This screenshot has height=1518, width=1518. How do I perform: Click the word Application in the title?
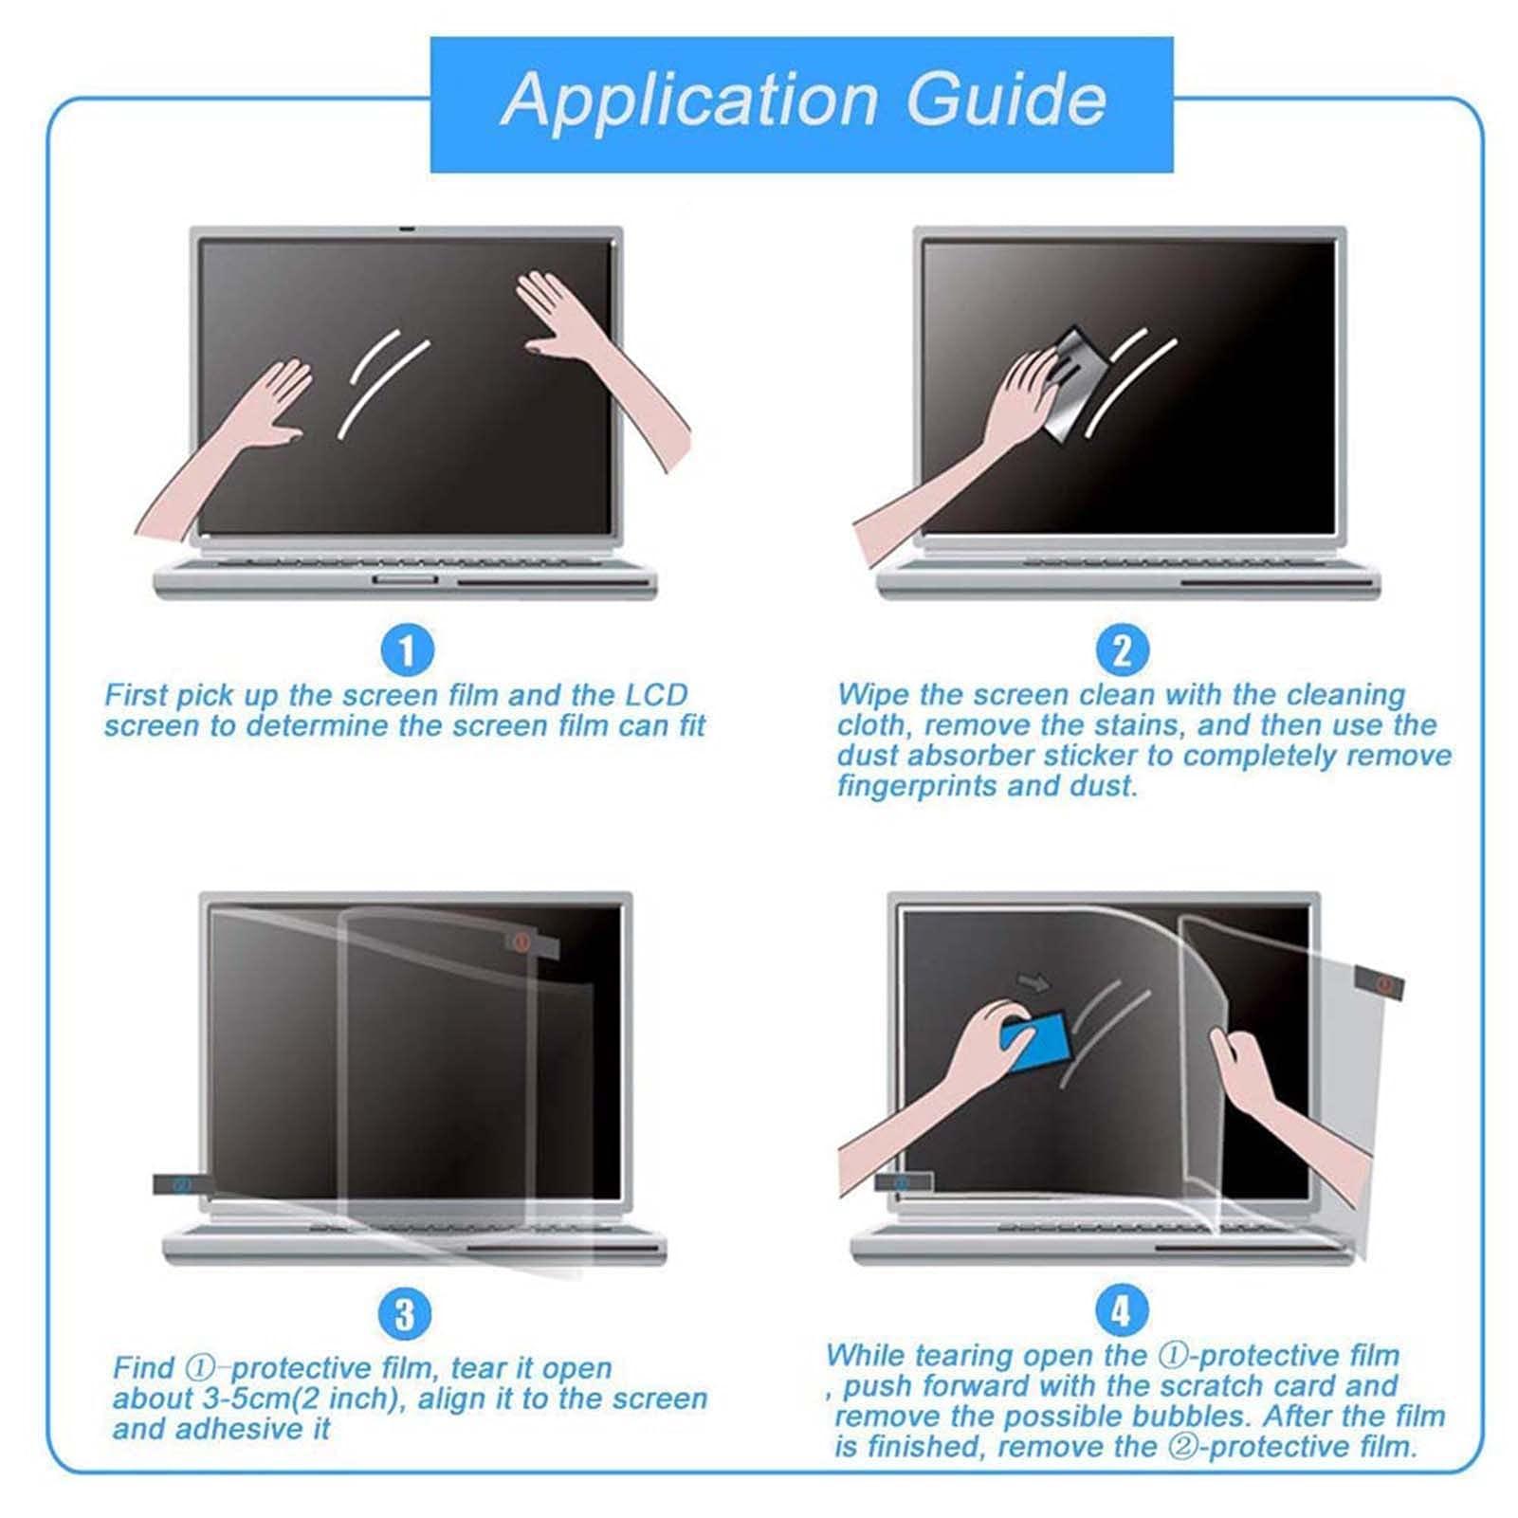click(689, 100)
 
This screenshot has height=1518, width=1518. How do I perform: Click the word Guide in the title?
click(1006, 100)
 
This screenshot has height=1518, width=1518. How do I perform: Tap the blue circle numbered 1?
click(407, 650)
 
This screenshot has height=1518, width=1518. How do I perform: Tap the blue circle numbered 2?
click(1122, 650)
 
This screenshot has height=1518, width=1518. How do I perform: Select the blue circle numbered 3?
click(405, 1315)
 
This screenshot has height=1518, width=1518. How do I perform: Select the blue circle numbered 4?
click(1121, 1311)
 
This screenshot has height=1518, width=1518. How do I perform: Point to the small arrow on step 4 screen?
click(1033, 982)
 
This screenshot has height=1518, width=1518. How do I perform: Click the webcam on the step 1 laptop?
click(406, 229)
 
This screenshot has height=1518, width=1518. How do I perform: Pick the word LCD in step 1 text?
click(655, 695)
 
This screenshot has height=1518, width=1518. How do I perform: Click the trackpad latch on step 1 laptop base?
click(404, 578)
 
